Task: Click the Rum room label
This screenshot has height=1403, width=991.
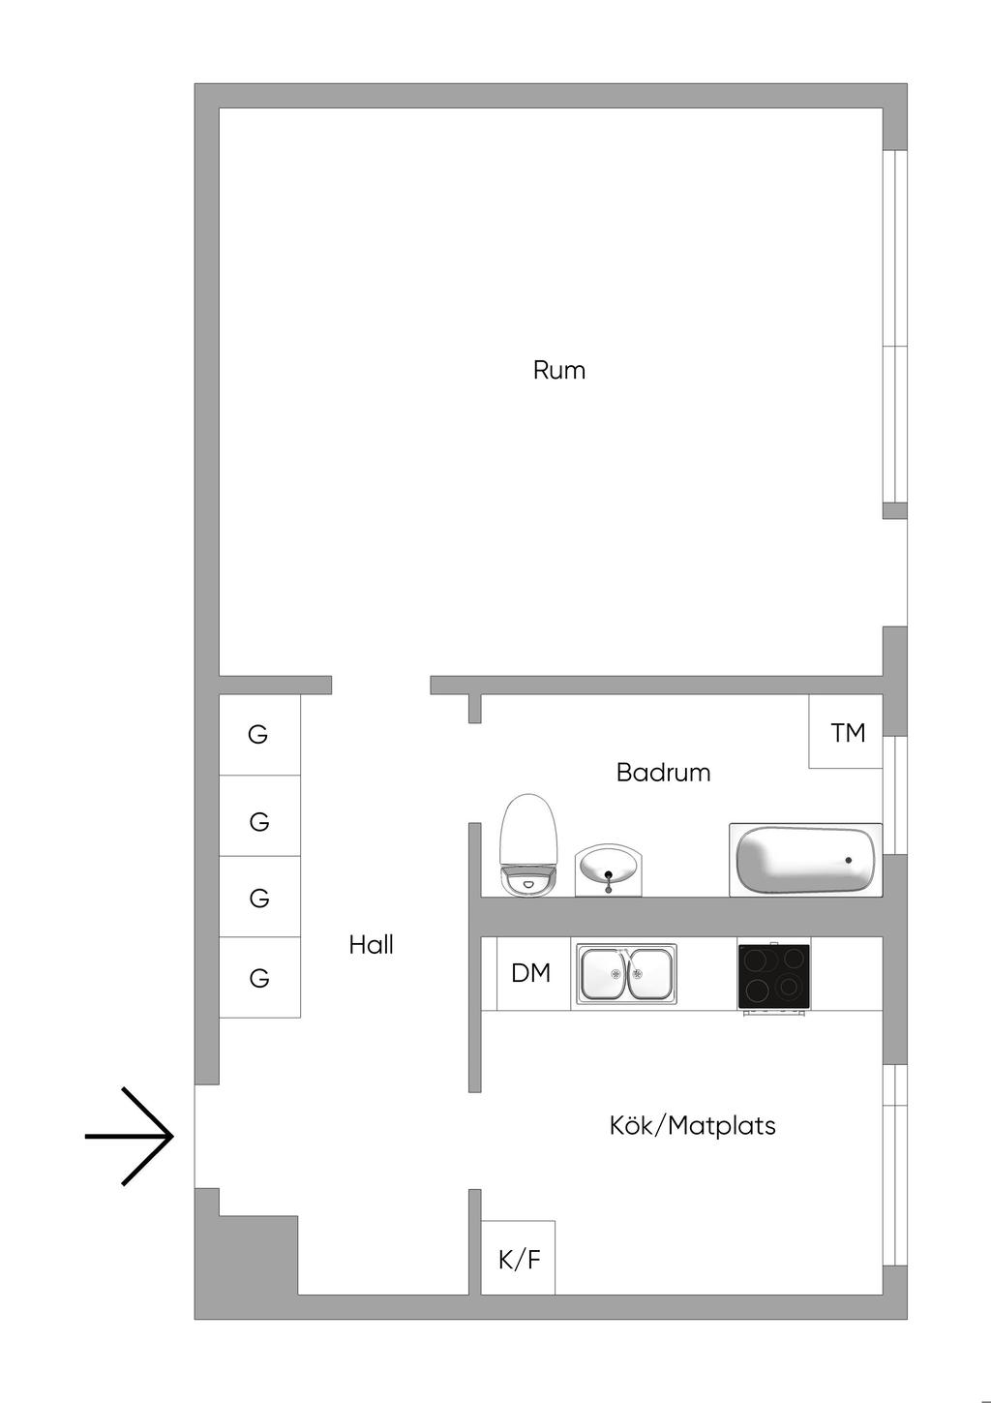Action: [x=559, y=370]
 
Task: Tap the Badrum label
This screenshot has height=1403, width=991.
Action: [x=663, y=773]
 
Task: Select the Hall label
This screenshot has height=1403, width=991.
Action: [x=372, y=944]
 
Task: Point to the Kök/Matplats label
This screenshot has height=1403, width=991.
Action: [x=692, y=1125]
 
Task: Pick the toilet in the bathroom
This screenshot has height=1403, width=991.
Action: [x=528, y=845]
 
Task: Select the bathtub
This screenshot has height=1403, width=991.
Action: [x=806, y=860]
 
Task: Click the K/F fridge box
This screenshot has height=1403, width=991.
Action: [x=518, y=1257]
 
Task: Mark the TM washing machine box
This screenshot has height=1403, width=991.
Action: [x=846, y=731]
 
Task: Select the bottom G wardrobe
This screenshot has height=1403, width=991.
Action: [x=259, y=977]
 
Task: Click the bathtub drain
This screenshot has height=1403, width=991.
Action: [x=849, y=861]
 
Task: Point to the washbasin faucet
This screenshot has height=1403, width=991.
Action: [x=609, y=880]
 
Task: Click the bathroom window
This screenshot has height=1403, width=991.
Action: [x=895, y=795]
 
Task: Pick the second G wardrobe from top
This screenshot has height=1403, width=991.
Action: [x=259, y=815]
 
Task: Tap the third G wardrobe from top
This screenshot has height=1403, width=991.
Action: [x=259, y=897]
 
